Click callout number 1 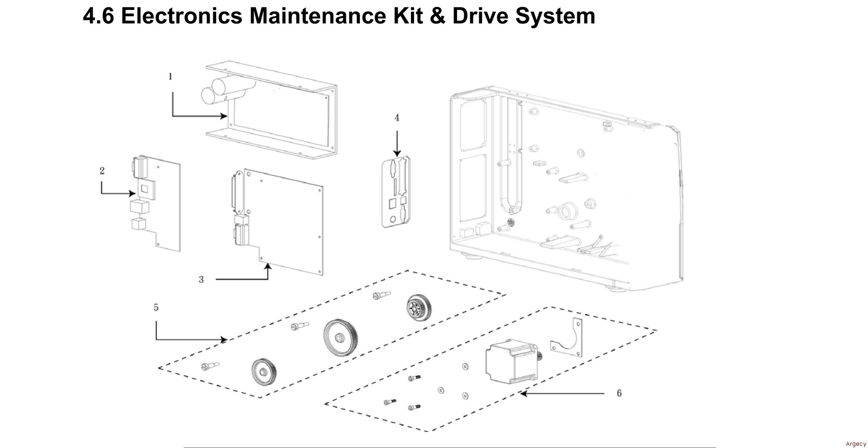click(x=170, y=76)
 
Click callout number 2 click(x=102, y=170)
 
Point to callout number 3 click(x=201, y=279)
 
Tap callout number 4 click(x=397, y=118)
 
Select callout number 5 click(x=156, y=307)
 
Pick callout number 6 click(x=619, y=393)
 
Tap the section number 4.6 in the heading click(x=98, y=16)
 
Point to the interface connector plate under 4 click(x=397, y=193)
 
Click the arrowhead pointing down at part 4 click(x=397, y=153)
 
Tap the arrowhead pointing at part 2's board click(x=132, y=193)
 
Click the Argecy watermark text click(x=856, y=444)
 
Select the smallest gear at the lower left click(x=264, y=372)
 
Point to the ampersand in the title click(x=436, y=16)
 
